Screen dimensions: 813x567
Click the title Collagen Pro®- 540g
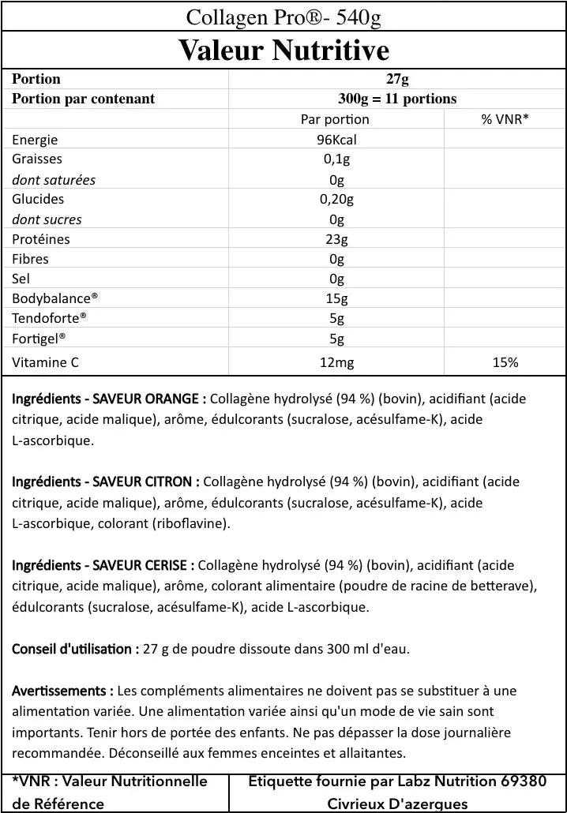pos(283,17)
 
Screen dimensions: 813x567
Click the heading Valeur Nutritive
pos(283,50)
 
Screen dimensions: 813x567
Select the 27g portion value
pos(397,79)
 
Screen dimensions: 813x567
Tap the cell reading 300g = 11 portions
pos(397,99)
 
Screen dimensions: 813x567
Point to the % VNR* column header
pos(505,119)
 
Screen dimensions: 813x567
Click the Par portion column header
pos(335,119)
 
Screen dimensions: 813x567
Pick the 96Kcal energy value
pos(336,140)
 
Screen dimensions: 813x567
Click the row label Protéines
pos(41,239)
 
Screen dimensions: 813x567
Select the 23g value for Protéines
pos(336,239)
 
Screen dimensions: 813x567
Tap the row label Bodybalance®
pos(55,299)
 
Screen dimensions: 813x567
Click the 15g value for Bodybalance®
pos(336,299)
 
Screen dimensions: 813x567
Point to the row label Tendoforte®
pos(49,319)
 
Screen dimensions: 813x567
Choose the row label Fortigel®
pos(39,339)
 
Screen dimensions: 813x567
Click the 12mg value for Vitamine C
pos(336,362)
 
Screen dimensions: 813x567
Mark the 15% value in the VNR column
pos(505,362)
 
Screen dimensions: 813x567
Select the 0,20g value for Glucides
pos(336,199)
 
